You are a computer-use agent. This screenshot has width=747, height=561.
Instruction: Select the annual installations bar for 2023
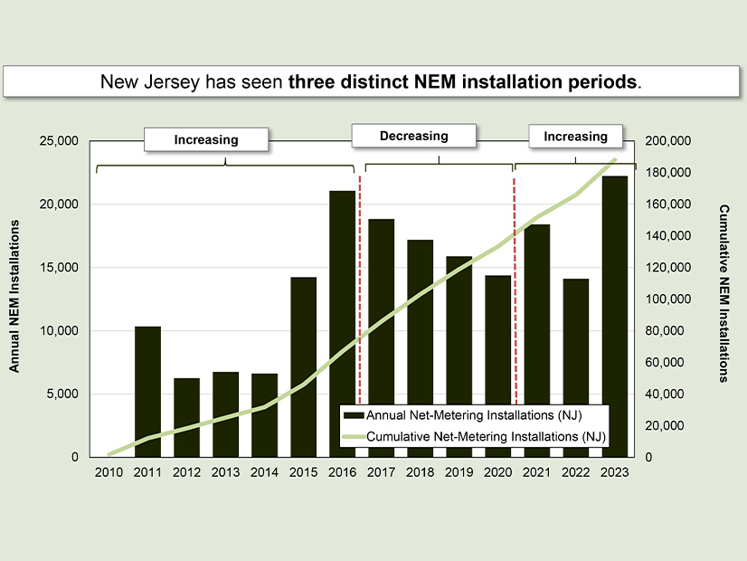(x=614, y=316)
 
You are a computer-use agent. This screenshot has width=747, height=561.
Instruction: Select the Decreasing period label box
(x=413, y=136)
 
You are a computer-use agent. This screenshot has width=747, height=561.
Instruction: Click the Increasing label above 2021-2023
(x=575, y=137)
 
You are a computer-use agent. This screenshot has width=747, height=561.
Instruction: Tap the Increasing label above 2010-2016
(x=206, y=139)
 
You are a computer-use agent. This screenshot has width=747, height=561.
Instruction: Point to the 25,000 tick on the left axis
(x=60, y=141)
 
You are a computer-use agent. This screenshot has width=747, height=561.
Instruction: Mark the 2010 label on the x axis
(x=109, y=471)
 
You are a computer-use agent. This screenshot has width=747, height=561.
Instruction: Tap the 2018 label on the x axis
(x=420, y=471)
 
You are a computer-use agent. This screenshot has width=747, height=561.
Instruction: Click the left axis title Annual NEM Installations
(x=15, y=300)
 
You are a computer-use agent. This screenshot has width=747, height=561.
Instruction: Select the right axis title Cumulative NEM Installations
(x=723, y=293)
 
